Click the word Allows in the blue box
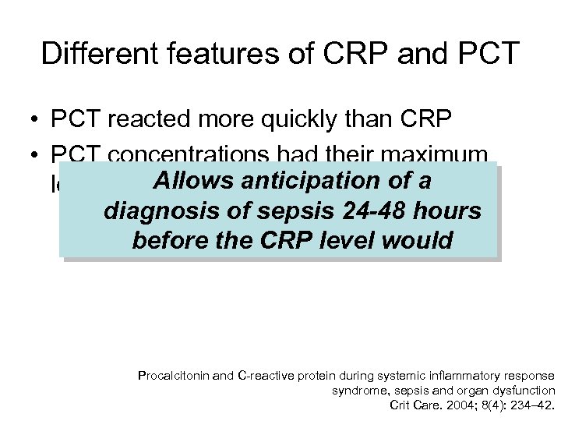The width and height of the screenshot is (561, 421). tap(194, 182)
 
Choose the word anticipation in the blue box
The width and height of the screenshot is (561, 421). tap(319, 182)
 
